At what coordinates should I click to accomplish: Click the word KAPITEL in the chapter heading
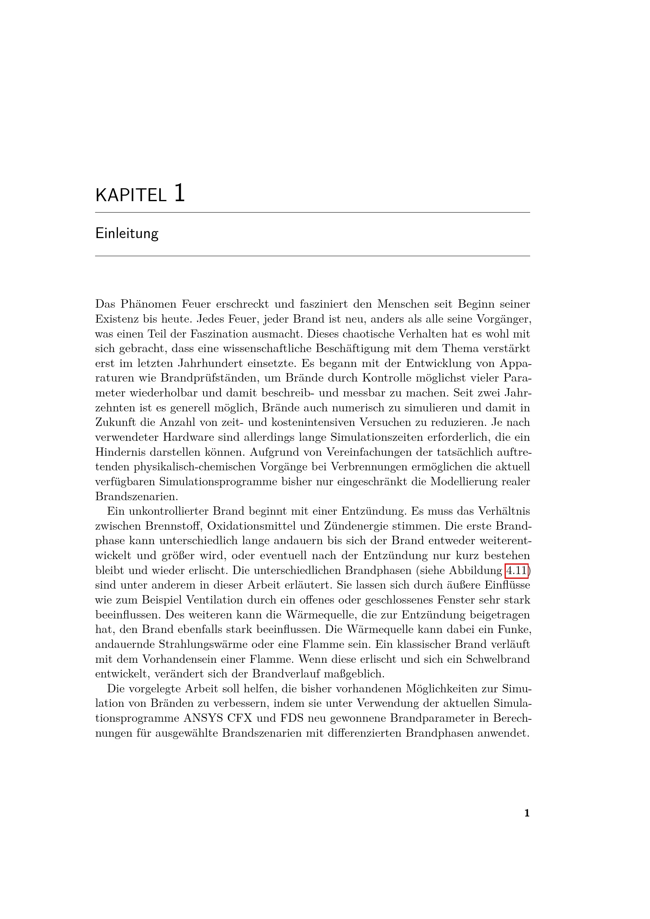(130, 195)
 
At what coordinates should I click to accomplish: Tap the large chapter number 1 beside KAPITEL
(180, 193)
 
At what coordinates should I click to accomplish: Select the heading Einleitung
(127, 233)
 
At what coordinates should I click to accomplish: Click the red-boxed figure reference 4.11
(516, 570)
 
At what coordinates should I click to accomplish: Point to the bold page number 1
(527, 813)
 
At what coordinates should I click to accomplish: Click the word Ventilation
(215, 600)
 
